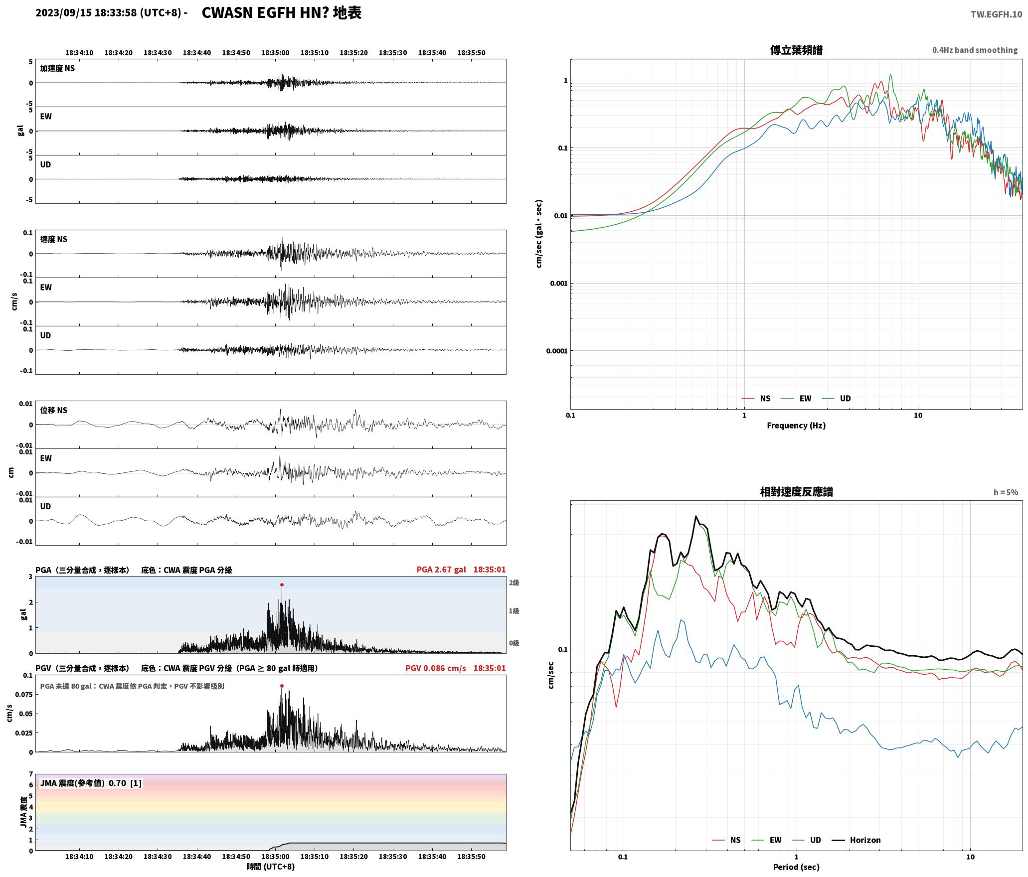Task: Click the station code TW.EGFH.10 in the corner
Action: pyautogui.click(x=996, y=14)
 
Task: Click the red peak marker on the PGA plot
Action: pyautogui.click(x=282, y=585)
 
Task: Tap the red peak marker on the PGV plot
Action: pyautogui.click(x=282, y=686)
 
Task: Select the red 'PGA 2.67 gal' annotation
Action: pyautogui.click(x=441, y=569)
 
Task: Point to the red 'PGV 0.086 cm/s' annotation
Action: pyautogui.click(x=436, y=668)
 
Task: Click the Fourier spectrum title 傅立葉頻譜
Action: pyautogui.click(x=796, y=50)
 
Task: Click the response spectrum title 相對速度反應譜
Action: pyautogui.click(x=796, y=491)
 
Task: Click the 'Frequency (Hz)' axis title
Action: pyautogui.click(x=796, y=425)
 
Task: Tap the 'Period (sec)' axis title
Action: pyautogui.click(x=796, y=867)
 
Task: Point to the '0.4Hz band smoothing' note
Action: pyautogui.click(x=975, y=50)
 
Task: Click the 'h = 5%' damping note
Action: pyautogui.click(x=1006, y=492)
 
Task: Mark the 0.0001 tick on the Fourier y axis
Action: pyautogui.click(x=556, y=351)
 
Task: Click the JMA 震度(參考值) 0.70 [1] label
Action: pyautogui.click(x=91, y=783)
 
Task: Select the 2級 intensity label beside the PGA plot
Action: pyautogui.click(x=514, y=583)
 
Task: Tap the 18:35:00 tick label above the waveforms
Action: pyautogui.click(x=275, y=52)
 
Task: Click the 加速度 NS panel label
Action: pyautogui.click(x=57, y=68)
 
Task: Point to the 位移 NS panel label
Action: pyautogui.click(x=54, y=410)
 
